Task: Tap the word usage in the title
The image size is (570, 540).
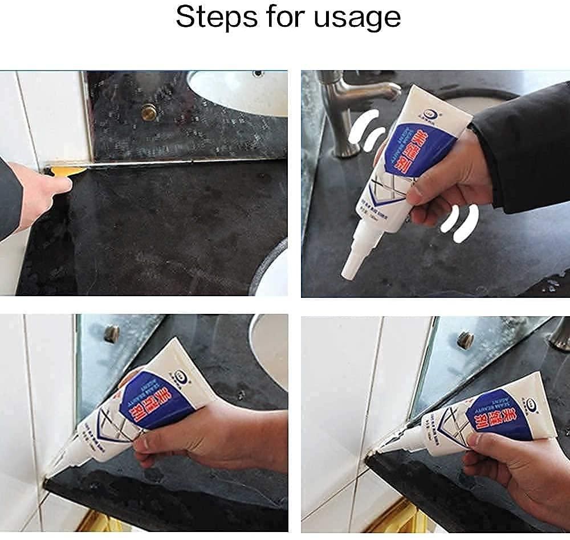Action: (357, 17)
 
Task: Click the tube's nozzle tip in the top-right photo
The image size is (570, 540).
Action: (345, 275)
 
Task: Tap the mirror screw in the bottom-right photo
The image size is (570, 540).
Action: (465, 340)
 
